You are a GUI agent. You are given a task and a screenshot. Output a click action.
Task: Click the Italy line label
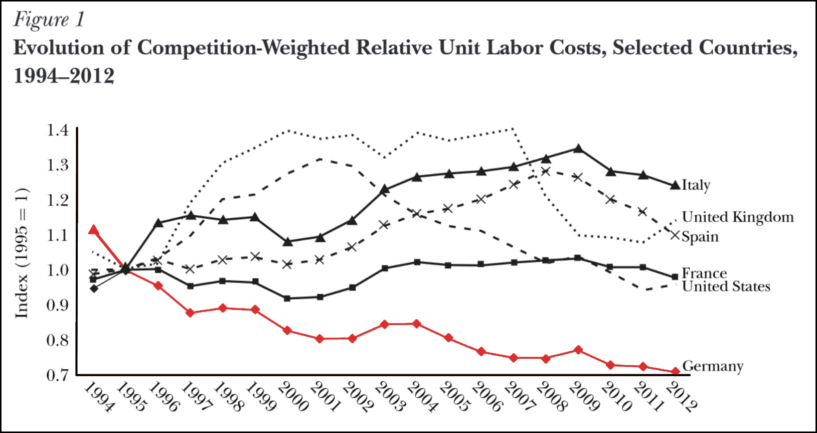(696, 185)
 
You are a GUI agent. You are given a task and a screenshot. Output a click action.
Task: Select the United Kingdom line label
(738, 217)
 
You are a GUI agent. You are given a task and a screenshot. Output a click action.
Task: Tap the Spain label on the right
(700, 237)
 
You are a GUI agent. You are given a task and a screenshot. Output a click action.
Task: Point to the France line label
(704, 273)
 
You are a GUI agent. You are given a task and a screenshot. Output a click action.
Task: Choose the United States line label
(726, 286)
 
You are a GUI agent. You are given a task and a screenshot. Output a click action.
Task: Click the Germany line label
(712, 366)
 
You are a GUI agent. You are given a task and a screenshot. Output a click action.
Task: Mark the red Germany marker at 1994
(93, 230)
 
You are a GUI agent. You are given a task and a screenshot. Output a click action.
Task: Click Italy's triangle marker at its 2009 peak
(578, 149)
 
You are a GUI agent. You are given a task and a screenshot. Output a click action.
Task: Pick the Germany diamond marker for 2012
(675, 371)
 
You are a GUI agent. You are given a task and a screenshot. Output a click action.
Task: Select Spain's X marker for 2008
(546, 172)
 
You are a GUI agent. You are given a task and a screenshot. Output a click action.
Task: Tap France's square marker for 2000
(287, 298)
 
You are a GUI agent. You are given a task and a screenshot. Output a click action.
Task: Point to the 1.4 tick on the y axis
(57, 130)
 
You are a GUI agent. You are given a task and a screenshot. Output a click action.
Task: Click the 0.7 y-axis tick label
(57, 375)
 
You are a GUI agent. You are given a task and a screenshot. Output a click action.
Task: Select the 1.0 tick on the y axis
(57, 270)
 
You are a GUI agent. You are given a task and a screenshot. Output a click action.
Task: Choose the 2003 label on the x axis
(388, 396)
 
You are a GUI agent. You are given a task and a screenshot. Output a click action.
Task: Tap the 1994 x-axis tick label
(98, 396)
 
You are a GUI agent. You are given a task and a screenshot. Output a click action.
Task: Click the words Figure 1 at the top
(49, 20)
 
